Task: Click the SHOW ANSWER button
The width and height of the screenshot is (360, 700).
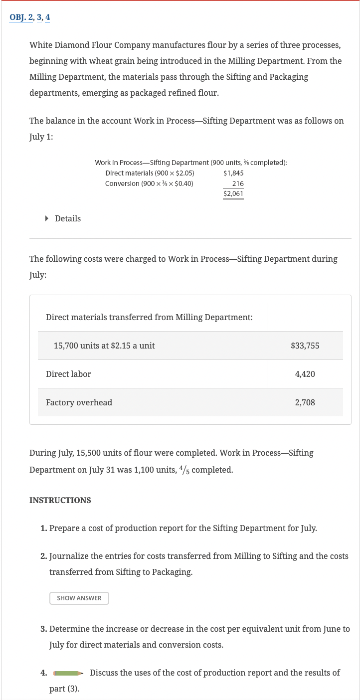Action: [79, 598]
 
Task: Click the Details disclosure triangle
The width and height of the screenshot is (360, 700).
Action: [47, 218]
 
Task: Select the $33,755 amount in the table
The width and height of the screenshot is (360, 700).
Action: [305, 346]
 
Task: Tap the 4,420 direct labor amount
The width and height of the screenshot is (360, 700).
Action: [305, 374]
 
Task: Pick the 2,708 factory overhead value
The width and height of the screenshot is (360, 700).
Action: [305, 402]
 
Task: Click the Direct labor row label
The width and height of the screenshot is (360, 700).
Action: [68, 374]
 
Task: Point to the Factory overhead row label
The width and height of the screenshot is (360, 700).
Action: [79, 402]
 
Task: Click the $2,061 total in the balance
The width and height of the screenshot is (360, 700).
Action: [233, 193]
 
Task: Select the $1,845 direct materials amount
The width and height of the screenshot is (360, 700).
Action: [234, 173]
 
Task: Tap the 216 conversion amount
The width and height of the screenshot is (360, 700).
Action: [238, 183]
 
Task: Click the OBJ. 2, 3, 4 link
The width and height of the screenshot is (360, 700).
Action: [30, 17]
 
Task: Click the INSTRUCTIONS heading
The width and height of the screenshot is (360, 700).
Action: [60, 500]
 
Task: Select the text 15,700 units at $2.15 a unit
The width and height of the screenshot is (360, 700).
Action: [104, 346]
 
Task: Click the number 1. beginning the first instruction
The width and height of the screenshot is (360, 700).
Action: [44, 528]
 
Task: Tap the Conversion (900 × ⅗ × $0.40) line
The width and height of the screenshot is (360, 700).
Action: [150, 183]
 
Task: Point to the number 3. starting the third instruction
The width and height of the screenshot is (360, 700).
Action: [44, 629]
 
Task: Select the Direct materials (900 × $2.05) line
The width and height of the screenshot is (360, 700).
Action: [150, 173]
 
